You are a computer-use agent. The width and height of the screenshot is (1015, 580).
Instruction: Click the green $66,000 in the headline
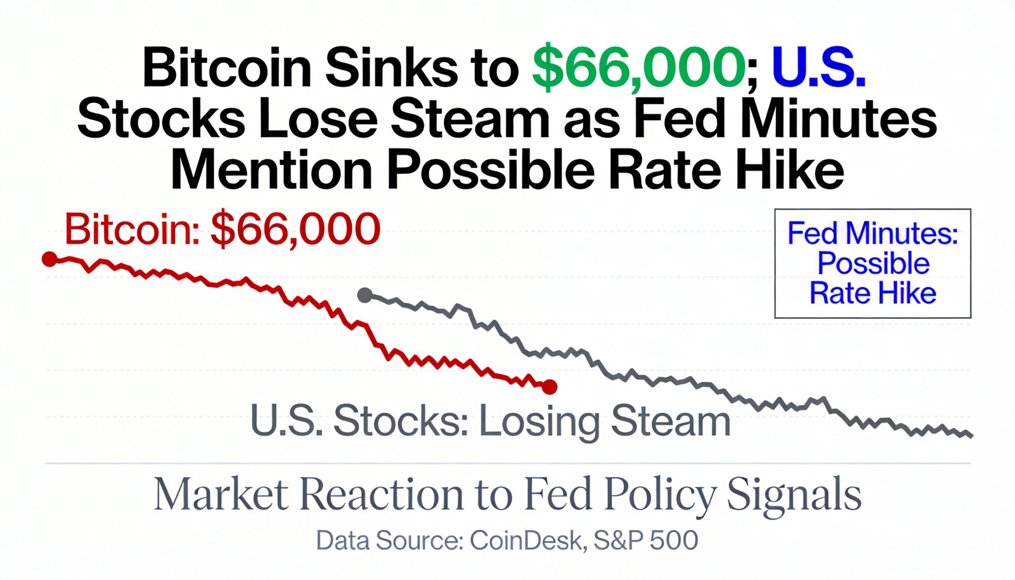(x=639, y=67)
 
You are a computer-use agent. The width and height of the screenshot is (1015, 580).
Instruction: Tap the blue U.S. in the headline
(x=819, y=67)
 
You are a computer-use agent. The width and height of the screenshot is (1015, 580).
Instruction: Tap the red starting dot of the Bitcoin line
(x=50, y=259)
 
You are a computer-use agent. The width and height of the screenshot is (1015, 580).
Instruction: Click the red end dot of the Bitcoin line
(x=549, y=387)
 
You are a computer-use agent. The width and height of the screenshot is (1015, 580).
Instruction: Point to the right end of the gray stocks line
(x=971, y=436)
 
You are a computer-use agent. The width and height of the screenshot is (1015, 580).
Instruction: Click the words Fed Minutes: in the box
(x=872, y=233)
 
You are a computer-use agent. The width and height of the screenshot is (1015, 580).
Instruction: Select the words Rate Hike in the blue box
(x=872, y=294)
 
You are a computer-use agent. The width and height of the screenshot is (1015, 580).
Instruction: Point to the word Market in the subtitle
(x=221, y=494)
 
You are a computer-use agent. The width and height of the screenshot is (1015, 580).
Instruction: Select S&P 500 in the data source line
(x=646, y=541)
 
